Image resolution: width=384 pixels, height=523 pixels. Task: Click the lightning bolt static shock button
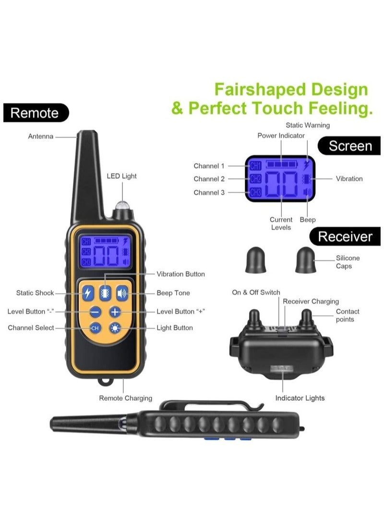tap(88, 293)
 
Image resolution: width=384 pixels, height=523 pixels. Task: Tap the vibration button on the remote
tap(105, 293)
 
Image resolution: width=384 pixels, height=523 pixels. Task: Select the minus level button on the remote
tap(96, 312)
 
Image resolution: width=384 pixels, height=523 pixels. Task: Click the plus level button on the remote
tap(115, 312)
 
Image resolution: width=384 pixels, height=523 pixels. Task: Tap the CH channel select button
tap(95, 328)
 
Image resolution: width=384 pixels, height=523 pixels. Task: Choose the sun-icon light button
tap(115, 328)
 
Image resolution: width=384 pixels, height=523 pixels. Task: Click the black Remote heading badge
tap(36, 113)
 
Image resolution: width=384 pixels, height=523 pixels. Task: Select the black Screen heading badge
tap(349, 146)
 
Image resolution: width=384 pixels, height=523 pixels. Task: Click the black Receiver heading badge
tap(345, 236)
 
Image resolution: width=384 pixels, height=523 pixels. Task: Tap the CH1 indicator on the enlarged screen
tap(255, 166)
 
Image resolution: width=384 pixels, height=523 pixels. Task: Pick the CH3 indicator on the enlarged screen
tap(255, 192)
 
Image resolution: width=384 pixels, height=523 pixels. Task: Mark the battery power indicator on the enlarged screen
tap(281, 164)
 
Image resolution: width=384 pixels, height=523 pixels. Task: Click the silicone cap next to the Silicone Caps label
tap(306, 260)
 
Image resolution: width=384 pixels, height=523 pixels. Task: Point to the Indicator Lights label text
tap(300, 398)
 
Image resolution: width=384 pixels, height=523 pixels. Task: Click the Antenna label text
tap(40, 136)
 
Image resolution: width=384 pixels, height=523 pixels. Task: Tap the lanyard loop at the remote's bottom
tap(105, 382)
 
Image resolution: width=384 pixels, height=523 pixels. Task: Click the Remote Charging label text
tap(126, 398)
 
